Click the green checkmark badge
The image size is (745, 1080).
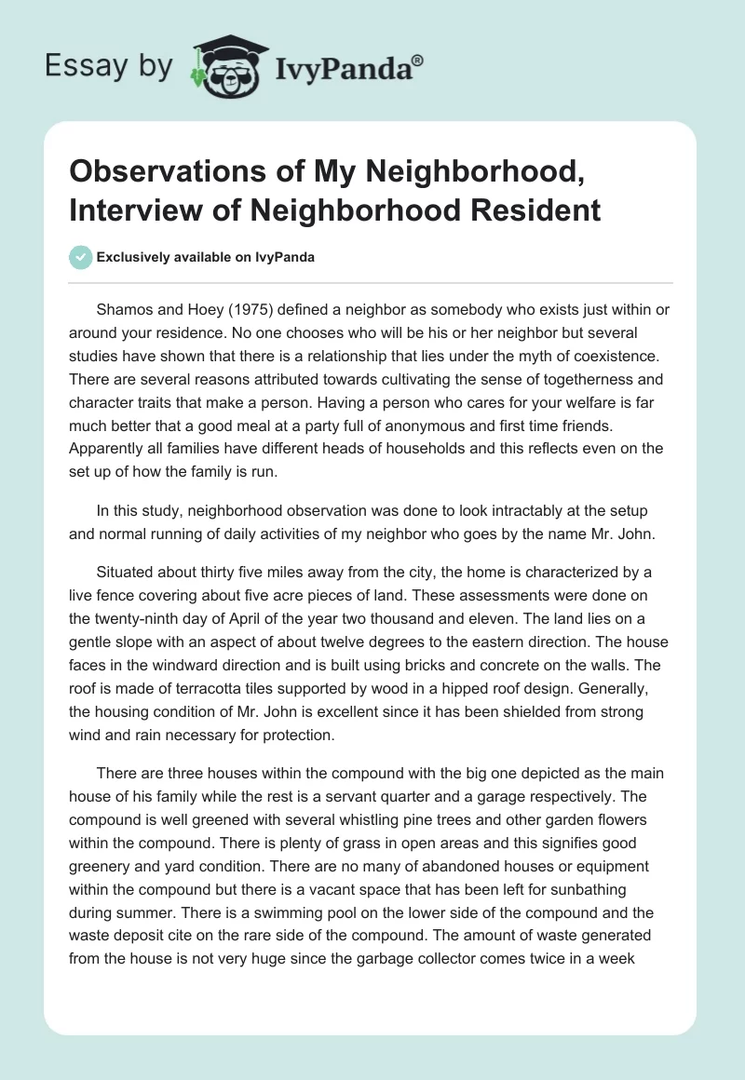coord(80,257)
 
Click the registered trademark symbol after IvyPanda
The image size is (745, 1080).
coord(417,60)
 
